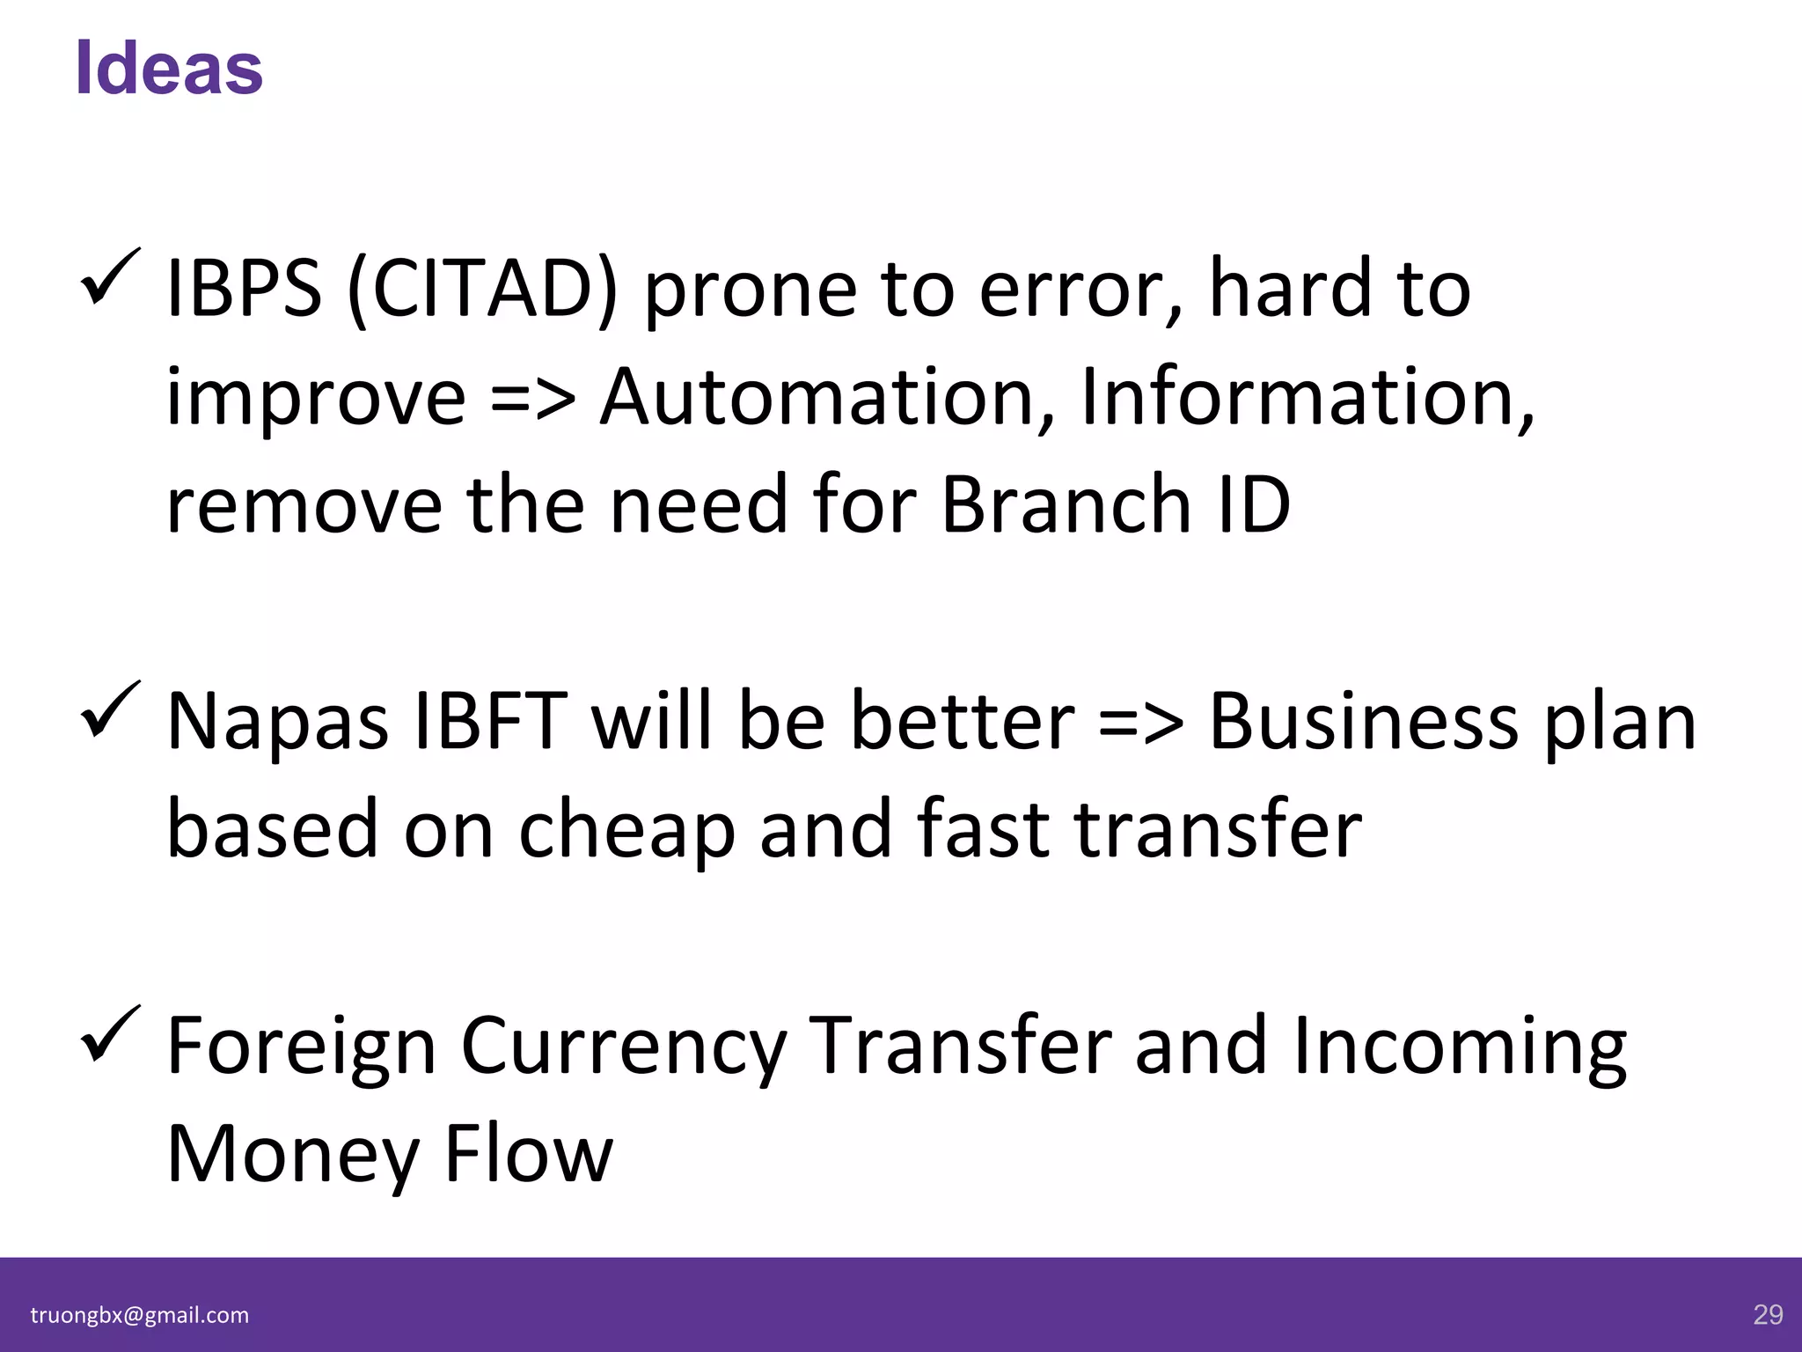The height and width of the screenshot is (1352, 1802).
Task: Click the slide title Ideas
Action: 169,69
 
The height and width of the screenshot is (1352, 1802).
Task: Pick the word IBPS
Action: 244,289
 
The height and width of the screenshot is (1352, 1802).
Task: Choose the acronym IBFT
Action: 490,722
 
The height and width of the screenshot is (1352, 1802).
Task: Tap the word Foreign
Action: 301,1047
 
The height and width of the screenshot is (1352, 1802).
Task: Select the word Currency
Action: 623,1047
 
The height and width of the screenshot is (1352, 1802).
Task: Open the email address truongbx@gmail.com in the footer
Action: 140,1315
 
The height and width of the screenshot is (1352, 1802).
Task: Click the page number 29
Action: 1768,1315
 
